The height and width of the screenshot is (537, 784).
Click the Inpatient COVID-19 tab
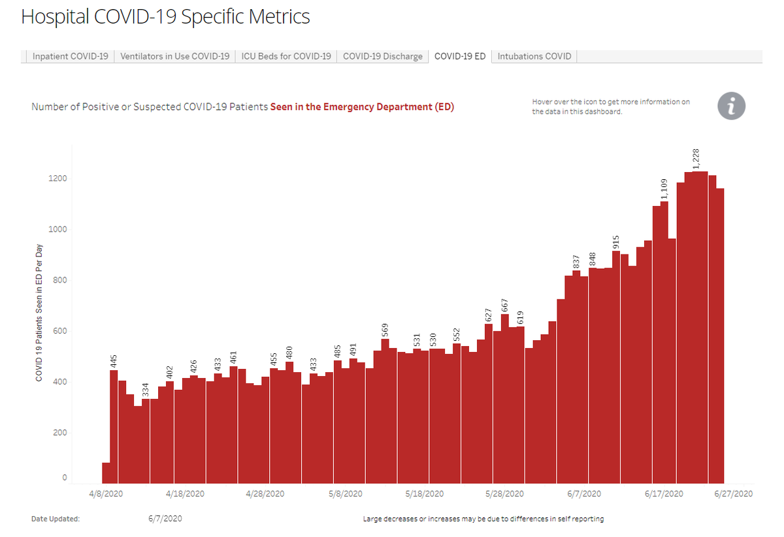(71, 56)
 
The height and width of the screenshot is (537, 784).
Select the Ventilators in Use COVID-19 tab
(175, 56)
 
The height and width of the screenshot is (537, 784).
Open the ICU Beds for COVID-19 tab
(286, 56)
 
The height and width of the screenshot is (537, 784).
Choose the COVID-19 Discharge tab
(383, 56)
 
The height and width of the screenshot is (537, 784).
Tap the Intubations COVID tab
(534, 56)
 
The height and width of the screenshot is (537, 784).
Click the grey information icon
(731, 106)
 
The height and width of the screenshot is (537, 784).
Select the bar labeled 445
(114, 425)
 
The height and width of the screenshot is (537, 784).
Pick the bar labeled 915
(616, 366)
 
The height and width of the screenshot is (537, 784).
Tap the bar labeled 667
(504, 399)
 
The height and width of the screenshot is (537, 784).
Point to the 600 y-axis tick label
(59, 331)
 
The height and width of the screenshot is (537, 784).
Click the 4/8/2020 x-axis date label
(105, 494)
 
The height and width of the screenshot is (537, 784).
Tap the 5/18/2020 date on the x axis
(424, 494)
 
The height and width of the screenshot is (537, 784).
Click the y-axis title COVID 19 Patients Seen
(39, 313)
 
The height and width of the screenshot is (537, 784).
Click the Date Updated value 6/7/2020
(165, 519)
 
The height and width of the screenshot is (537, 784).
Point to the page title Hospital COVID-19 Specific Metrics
(165, 17)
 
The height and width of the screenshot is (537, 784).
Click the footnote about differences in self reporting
(483, 519)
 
